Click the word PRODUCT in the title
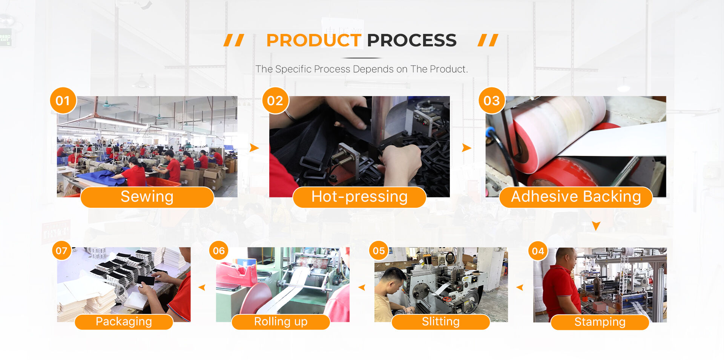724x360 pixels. [314, 40]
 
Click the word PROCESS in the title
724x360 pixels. [412, 40]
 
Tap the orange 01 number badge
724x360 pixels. [63, 101]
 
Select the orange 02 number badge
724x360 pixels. [275, 101]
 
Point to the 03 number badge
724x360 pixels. [492, 101]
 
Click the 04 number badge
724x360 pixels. [538, 251]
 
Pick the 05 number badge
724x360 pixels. [379, 251]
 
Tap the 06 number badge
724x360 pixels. [219, 251]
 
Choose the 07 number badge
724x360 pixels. [61, 251]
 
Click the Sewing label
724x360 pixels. [147, 197]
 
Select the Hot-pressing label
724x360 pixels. [359, 197]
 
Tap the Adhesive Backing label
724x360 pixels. [576, 197]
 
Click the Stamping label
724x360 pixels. [600, 322]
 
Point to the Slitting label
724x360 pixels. [441, 322]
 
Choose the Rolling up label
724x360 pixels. [281, 322]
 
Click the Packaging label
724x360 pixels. [124, 322]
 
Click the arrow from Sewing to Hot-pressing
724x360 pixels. [254, 148]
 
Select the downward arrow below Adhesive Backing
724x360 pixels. [596, 226]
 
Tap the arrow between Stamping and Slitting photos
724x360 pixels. [520, 288]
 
